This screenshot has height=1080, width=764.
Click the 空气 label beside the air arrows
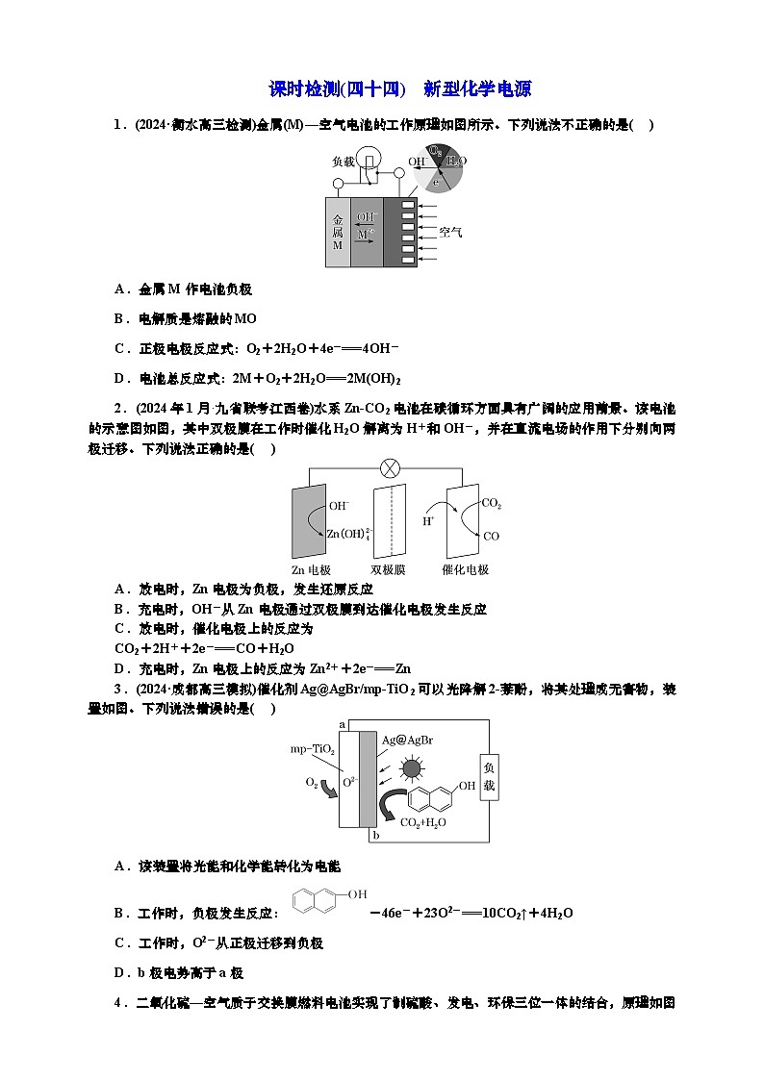click(450, 233)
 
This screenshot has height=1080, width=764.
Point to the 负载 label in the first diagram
click(343, 162)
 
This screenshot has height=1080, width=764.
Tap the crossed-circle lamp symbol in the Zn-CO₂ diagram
click(391, 468)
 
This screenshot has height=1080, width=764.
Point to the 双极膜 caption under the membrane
click(387, 569)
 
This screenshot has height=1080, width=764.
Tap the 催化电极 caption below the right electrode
click(466, 569)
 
